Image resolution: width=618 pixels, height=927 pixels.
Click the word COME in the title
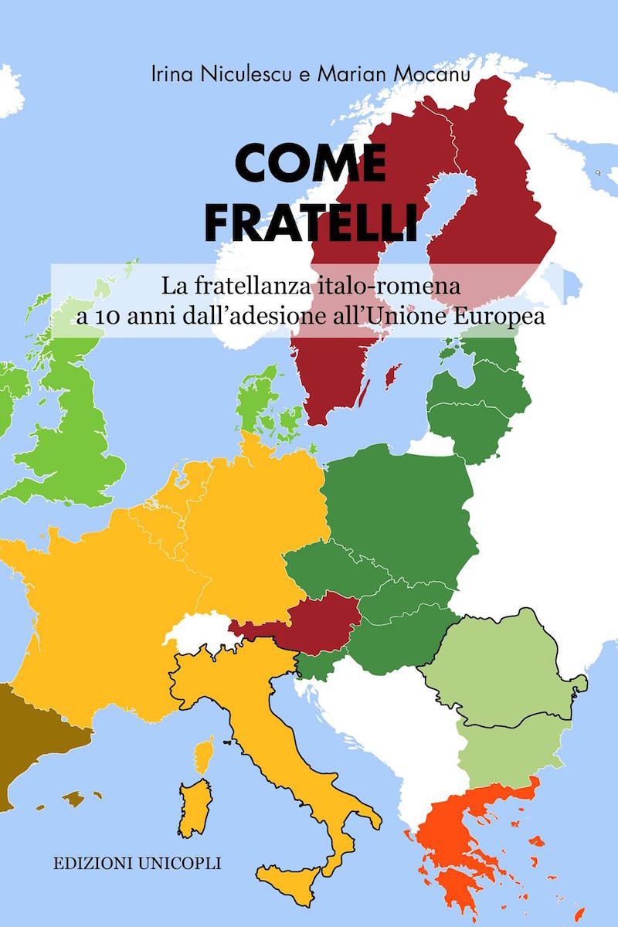coord(310,163)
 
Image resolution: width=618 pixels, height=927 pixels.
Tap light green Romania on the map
coord(502,672)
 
